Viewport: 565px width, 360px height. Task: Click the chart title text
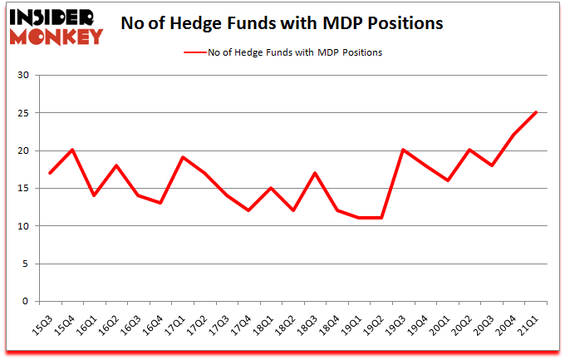click(282, 23)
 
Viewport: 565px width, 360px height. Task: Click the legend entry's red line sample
click(198, 52)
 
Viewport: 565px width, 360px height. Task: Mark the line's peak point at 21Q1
click(536, 113)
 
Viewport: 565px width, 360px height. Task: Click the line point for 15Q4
click(72, 150)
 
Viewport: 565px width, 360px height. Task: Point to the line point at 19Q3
click(403, 150)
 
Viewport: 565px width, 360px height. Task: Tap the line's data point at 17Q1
click(183, 158)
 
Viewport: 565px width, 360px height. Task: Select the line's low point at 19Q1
click(359, 218)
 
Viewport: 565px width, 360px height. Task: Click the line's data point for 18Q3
click(315, 173)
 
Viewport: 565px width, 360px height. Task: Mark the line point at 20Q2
click(469, 150)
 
